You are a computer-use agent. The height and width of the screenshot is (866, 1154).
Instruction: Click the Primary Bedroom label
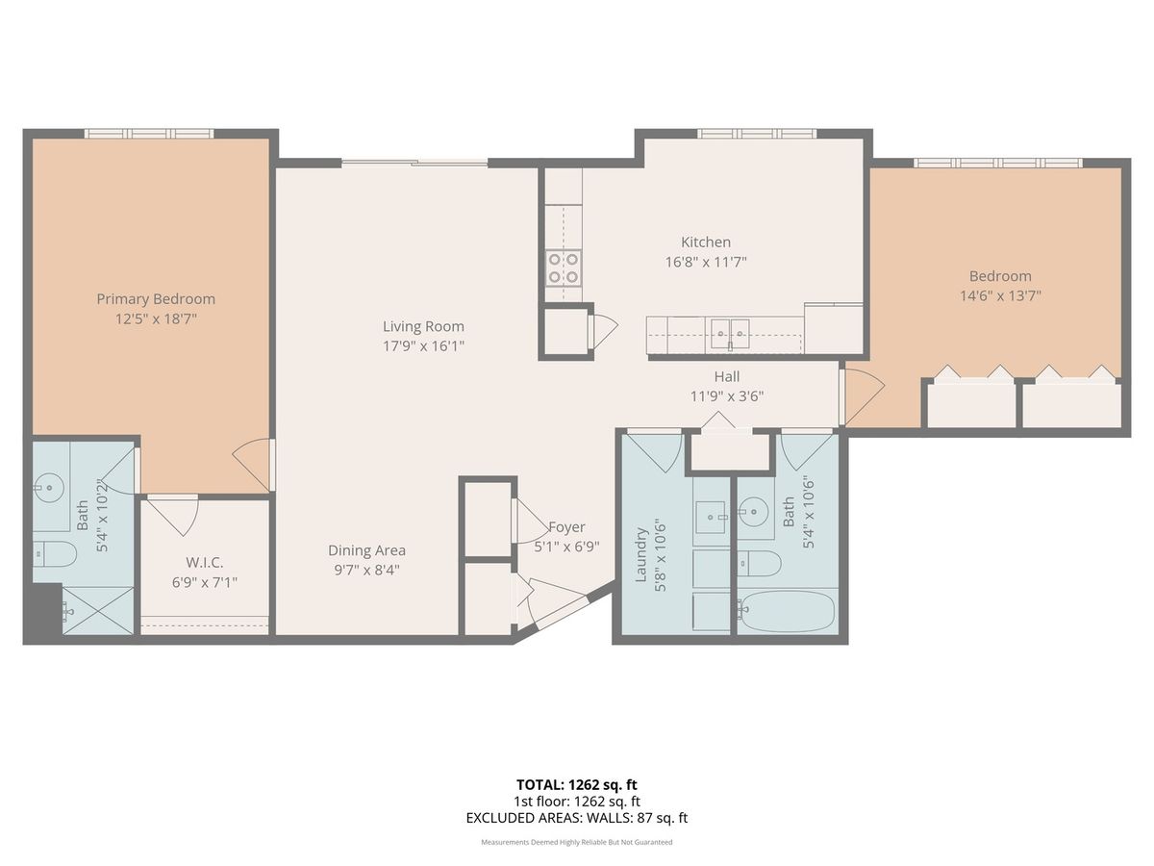click(156, 298)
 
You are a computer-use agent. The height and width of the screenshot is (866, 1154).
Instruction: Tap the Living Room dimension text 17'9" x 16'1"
click(423, 346)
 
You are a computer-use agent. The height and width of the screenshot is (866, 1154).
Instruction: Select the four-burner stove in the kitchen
click(564, 268)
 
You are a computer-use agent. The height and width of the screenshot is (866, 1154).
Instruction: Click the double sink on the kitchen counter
click(730, 333)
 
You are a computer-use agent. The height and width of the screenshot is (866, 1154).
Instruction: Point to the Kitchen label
click(706, 242)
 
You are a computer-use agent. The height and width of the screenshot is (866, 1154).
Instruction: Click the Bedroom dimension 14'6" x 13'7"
click(1000, 295)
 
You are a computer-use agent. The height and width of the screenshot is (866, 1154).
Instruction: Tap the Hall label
click(727, 376)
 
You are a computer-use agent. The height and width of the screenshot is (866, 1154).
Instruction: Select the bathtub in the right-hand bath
click(787, 610)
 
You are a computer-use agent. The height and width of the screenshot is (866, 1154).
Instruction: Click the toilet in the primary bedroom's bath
click(55, 553)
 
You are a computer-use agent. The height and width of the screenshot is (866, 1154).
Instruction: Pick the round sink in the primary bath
click(49, 488)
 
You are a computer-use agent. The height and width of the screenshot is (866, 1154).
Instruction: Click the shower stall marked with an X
click(98, 610)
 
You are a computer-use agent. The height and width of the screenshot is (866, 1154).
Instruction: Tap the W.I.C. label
click(205, 563)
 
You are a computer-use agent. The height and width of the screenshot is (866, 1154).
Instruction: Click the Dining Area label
click(366, 550)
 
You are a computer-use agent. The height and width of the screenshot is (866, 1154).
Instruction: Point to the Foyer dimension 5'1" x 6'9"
click(566, 547)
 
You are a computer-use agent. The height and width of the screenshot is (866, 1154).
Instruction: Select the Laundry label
click(640, 555)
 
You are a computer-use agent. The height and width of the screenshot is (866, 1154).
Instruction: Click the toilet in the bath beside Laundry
click(759, 564)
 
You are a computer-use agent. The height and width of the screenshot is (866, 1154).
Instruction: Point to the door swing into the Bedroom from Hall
click(863, 394)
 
